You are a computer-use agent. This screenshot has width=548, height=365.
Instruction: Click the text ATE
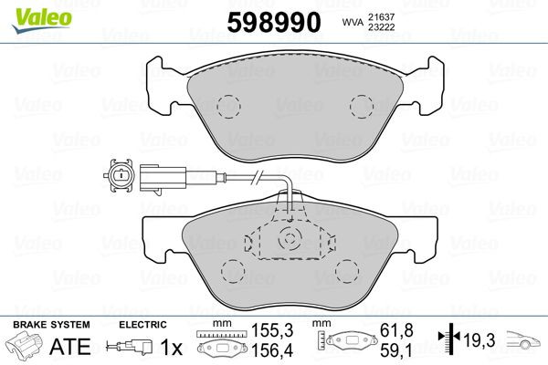coord(69,347)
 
